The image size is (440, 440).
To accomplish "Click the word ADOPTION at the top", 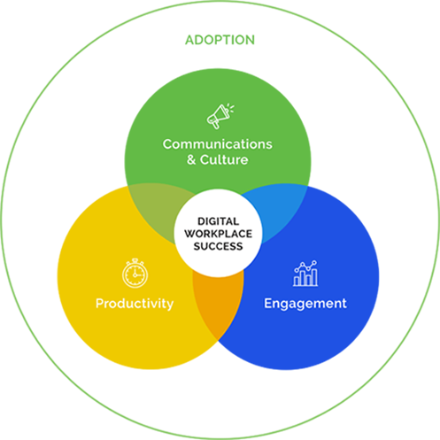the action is tap(220, 40).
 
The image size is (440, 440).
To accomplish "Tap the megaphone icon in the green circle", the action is tap(220, 117).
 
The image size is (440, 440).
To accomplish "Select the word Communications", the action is tap(218, 144).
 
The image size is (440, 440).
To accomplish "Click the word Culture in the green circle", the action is tap(224, 159).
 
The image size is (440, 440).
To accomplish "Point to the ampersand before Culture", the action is tap(191, 160).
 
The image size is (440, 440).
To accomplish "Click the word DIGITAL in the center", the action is tap(218, 221).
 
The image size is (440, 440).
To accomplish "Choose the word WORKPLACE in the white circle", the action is tap(218, 234).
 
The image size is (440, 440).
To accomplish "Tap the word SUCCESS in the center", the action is tap(218, 246).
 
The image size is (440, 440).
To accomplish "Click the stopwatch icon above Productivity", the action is tap(135, 274).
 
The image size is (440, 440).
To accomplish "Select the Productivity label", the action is tap(135, 304).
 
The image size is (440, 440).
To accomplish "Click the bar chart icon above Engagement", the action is tap(305, 274).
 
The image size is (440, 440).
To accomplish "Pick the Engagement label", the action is tap(305, 304).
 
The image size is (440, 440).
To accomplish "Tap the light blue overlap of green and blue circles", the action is tap(281, 211).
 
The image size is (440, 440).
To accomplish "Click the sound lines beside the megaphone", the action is tap(231, 108).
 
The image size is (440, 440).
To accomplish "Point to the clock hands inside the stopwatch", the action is tap(135, 273).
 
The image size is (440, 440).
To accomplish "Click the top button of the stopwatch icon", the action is tap(135, 260).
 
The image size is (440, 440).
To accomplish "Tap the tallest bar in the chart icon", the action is tap(314, 277).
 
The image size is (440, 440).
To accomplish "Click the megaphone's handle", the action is tap(216, 125).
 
